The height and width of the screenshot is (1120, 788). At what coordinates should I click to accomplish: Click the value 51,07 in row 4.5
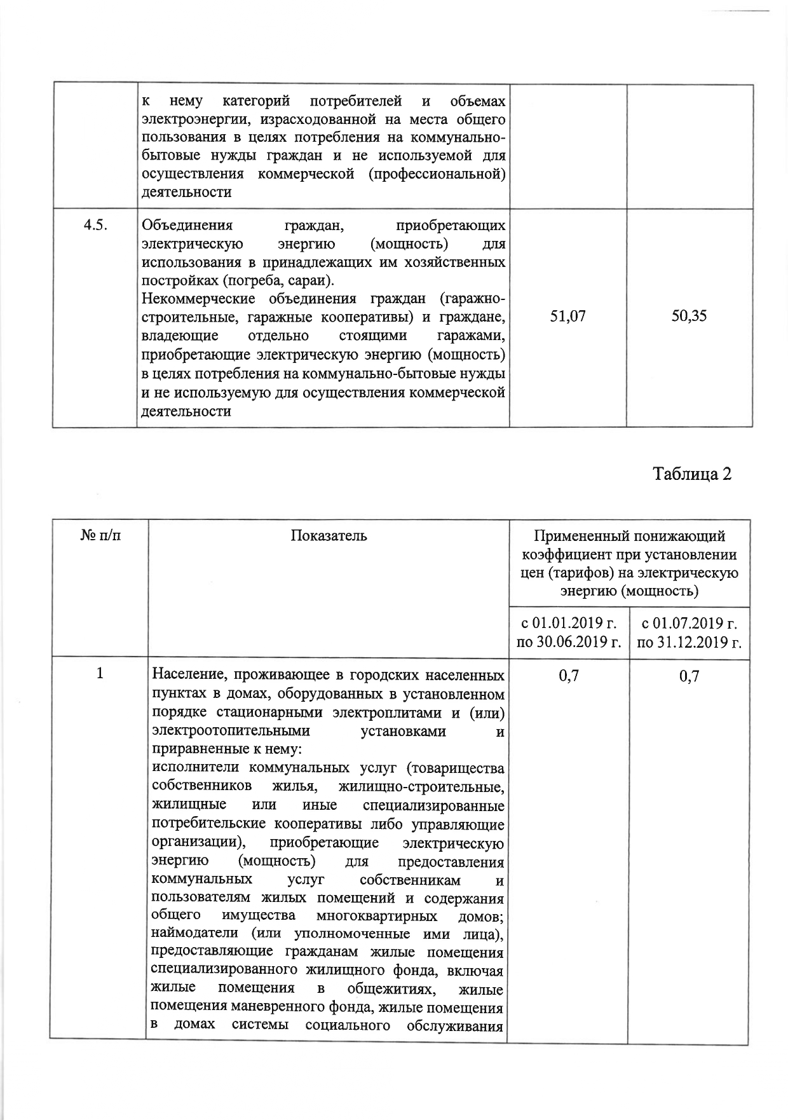tap(567, 316)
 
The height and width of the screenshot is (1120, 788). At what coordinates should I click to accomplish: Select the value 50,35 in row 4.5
tap(689, 316)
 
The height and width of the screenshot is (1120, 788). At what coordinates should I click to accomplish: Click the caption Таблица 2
tap(693, 474)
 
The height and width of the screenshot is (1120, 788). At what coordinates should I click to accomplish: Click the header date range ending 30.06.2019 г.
tap(568, 631)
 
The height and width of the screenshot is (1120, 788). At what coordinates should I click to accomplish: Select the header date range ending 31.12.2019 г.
tap(689, 631)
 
